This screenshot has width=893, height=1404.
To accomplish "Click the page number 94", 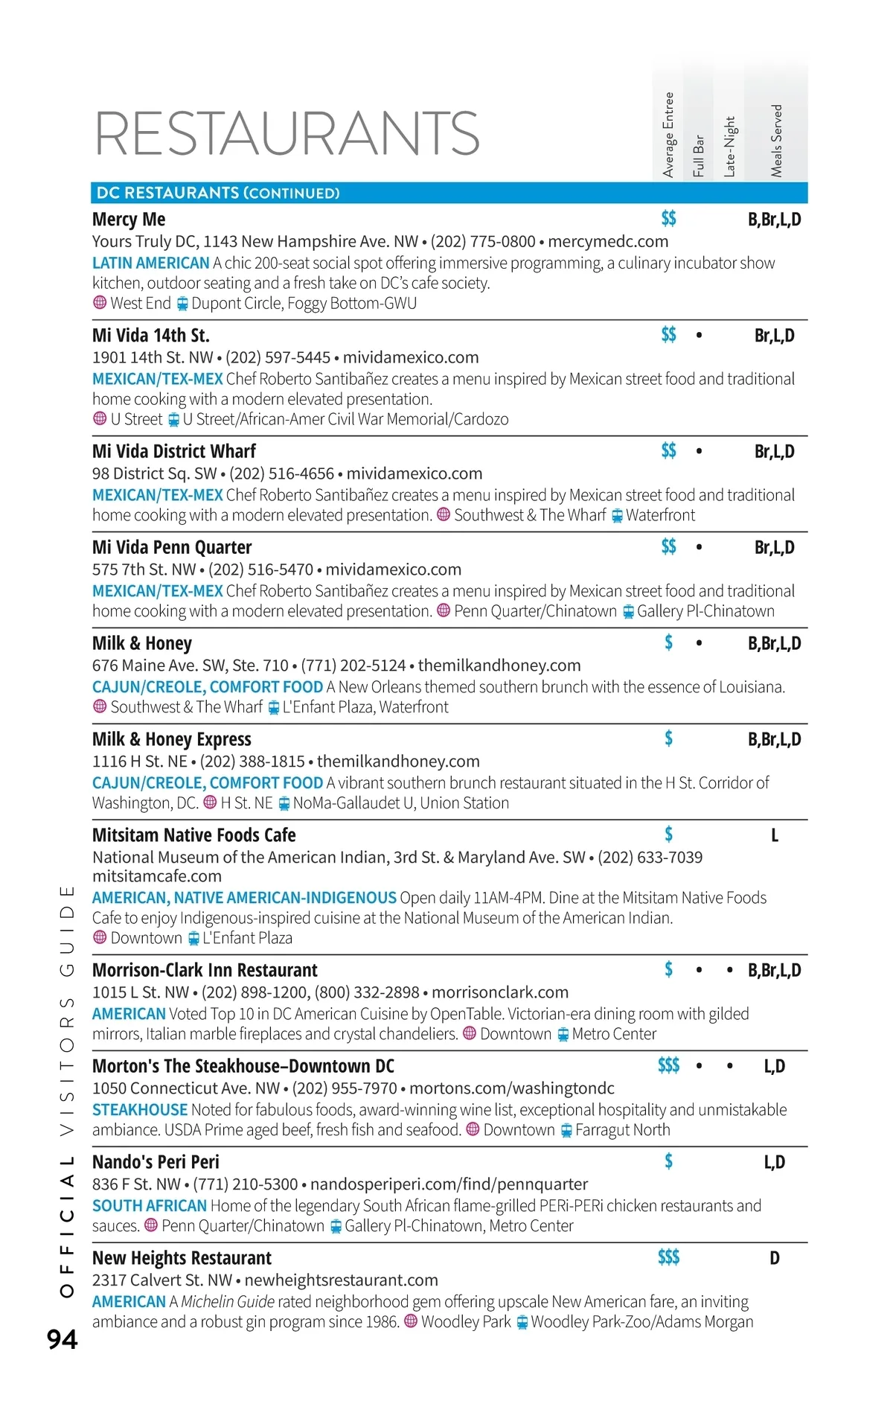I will [x=63, y=1339].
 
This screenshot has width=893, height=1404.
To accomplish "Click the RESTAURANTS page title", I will [x=287, y=134].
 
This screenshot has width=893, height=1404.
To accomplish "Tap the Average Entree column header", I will [x=668, y=135].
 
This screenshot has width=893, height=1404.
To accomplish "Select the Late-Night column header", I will [x=729, y=147].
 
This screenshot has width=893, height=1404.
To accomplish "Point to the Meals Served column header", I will [x=776, y=140].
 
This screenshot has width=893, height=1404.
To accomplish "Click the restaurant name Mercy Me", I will [x=129, y=220].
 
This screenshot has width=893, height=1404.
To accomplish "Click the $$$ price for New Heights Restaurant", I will [x=668, y=1257].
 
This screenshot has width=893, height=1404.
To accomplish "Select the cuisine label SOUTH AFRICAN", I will [x=150, y=1206].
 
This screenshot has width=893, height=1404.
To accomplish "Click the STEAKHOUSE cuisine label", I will [x=140, y=1110].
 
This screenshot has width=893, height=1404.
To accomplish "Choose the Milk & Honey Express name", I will [x=172, y=739].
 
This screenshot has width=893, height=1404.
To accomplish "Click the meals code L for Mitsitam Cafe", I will [x=775, y=835].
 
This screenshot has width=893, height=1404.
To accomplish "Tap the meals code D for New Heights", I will [x=775, y=1258].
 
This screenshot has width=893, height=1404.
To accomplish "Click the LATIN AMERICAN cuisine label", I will [x=151, y=264].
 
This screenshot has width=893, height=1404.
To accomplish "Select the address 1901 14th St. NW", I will [x=153, y=357].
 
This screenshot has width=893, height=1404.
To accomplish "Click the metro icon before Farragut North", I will [x=566, y=1131].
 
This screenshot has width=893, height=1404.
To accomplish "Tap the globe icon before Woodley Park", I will [x=411, y=1322].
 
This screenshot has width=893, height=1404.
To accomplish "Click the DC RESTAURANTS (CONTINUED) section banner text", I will [x=218, y=193].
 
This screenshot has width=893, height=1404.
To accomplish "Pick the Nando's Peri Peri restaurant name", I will [x=156, y=1162].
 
